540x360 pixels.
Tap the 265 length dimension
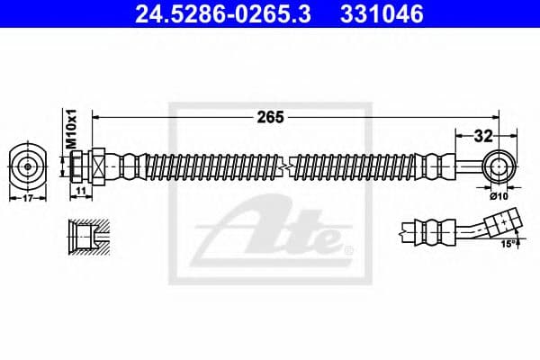[x=270, y=117]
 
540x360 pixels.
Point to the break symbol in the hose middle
[x=285, y=166]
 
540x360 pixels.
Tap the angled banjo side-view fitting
[x=504, y=221]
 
